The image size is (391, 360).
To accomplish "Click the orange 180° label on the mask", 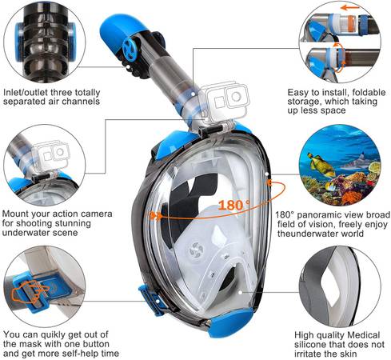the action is [x=234, y=205].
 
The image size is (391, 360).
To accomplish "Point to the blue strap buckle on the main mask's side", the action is [x=151, y=299].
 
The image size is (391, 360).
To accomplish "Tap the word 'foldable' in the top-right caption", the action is [x=369, y=93].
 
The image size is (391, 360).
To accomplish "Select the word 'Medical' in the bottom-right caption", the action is [x=364, y=335].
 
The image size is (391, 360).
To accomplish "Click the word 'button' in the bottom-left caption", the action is [x=96, y=344].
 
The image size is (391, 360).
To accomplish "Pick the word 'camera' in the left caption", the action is [x=97, y=214].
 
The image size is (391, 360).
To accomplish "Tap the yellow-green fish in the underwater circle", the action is [x=321, y=165].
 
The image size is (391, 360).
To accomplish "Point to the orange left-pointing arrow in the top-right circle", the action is [x=350, y=8].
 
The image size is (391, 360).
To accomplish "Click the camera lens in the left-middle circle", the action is [x=59, y=153].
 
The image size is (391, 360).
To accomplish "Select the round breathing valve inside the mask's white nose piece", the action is [x=197, y=250].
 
